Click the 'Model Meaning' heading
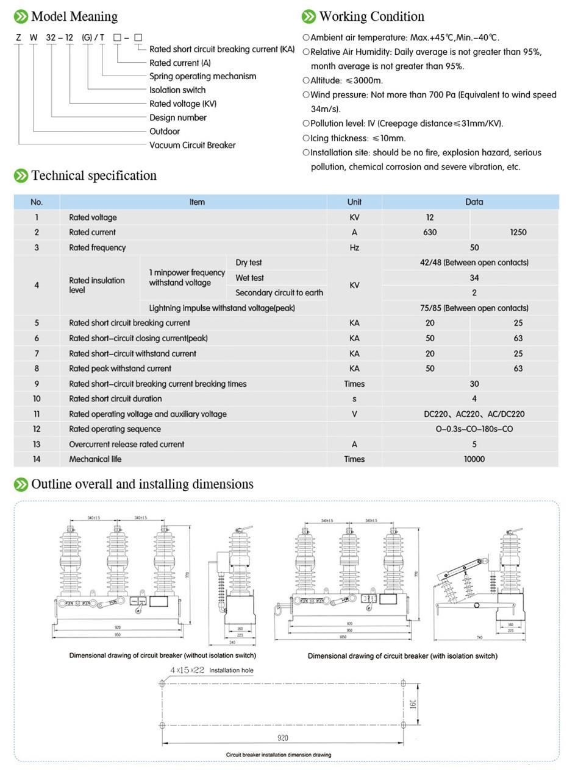74,16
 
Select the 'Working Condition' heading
371,16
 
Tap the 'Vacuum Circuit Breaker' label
192,145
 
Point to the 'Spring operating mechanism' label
202,76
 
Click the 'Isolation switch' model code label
177,90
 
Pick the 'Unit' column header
354,202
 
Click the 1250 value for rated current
518,232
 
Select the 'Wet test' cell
249,278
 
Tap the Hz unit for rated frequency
354,247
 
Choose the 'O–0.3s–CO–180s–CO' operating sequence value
474,429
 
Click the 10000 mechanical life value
474,459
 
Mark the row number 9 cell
37,384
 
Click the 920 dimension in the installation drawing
283,738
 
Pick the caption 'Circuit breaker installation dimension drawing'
279,755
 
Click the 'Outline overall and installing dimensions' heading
142,484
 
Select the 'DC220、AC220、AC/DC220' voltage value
474,414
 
